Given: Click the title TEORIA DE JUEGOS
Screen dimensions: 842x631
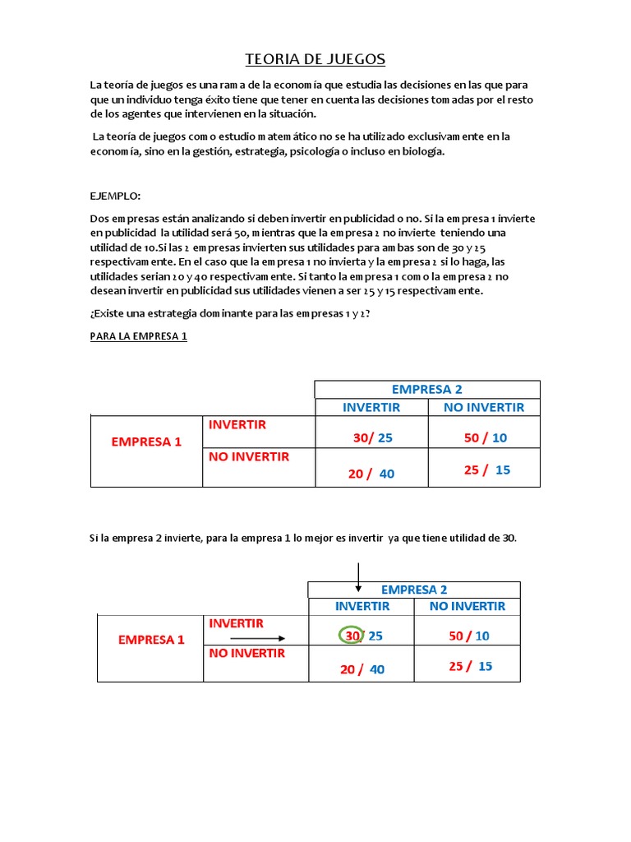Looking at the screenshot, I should click(315, 59).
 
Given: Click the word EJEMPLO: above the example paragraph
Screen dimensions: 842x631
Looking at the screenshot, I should click(115, 196).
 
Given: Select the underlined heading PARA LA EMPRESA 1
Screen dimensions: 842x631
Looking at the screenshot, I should click(138, 336).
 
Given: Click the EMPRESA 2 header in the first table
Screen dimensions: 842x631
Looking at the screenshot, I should click(426, 389).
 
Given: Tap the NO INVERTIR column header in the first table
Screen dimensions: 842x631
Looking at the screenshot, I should click(483, 407).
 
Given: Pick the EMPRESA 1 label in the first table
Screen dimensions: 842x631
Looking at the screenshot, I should click(146, 442).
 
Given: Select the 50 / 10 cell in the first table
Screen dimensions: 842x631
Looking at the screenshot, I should click(485, 438).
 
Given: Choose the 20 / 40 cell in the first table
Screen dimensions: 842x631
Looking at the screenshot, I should click(371, 473).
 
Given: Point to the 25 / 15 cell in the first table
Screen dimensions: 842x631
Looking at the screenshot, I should click(486, 470).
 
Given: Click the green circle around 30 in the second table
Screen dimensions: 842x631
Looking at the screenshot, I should click(352, 636).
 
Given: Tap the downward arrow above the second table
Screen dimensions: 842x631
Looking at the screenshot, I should click(358, 576).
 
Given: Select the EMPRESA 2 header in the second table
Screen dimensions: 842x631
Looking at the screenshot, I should click(414, 590).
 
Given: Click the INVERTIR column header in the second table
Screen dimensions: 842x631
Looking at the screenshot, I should click(362, 606).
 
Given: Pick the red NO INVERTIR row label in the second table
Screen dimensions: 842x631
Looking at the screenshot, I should click(246, 653).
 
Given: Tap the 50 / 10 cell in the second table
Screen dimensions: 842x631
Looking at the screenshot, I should click(469, 636).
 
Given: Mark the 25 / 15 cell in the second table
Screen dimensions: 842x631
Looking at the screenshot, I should click(470, 666).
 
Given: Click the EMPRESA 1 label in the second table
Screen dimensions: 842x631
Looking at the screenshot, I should click(151, 639).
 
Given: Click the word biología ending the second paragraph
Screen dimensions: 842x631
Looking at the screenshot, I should click(421, 152).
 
